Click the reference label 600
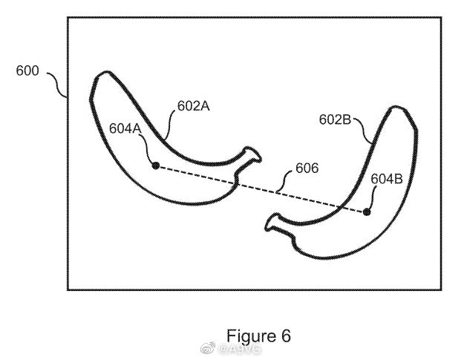click(x=28, y=71)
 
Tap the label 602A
click(x=193, y=106)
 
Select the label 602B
click(x=335, y=120)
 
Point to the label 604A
click(x=125, y=128)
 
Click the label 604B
click(x=387, y=178)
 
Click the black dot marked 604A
click(x=155, y=166)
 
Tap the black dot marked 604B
click(x=366, y=212)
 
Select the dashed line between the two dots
click(x=260, y=189)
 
